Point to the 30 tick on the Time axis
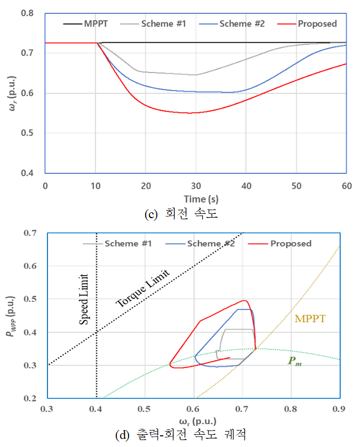(196, 185)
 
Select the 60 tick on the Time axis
(346, 185)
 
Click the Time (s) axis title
(195, 198)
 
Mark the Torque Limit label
(142, 288)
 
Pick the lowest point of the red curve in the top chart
(189, 113)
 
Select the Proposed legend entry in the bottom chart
(291, 244)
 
